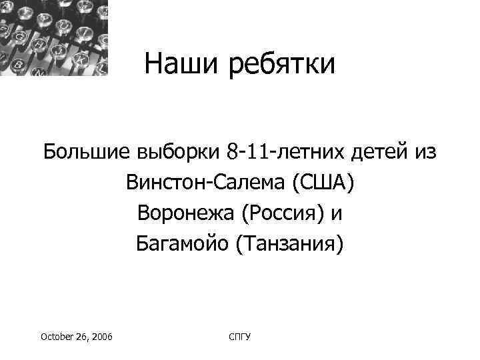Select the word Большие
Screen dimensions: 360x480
[x=88, y=152]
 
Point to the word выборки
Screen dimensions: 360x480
[x=177, y=153]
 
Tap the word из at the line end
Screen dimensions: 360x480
[x=423, y=152]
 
